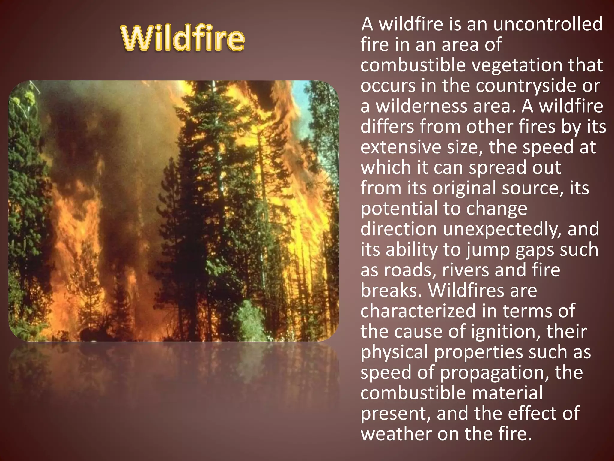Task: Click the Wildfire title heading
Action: click(183, 38)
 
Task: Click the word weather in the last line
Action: click(396, 434)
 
